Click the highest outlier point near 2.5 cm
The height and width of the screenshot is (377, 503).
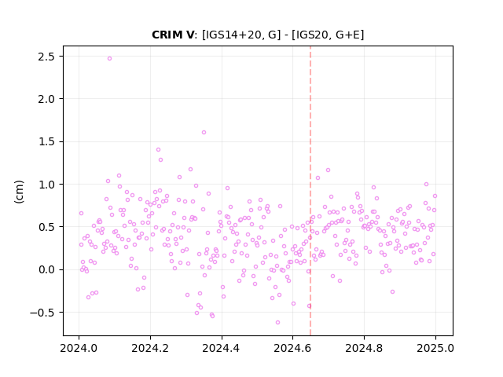click(110, 59)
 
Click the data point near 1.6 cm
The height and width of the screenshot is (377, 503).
click(204, 133)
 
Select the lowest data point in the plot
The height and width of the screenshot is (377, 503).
click(277, 323)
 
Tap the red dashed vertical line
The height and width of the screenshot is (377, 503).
click(310, 191)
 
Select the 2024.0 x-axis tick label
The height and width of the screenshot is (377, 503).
click(79, 348)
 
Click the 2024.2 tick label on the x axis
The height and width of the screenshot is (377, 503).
click(150, 348)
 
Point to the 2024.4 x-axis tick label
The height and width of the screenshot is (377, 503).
click(222, 348)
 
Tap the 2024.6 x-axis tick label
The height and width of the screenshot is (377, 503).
click(292, 348)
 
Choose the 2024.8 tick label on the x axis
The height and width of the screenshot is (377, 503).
click(364, 348)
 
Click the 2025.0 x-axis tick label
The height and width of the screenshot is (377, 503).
click(435, 348)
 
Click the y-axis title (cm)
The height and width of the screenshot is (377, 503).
click(19, 192)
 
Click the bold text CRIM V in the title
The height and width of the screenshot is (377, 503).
click(173, 35)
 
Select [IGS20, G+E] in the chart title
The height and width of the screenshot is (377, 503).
click(328, 35)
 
